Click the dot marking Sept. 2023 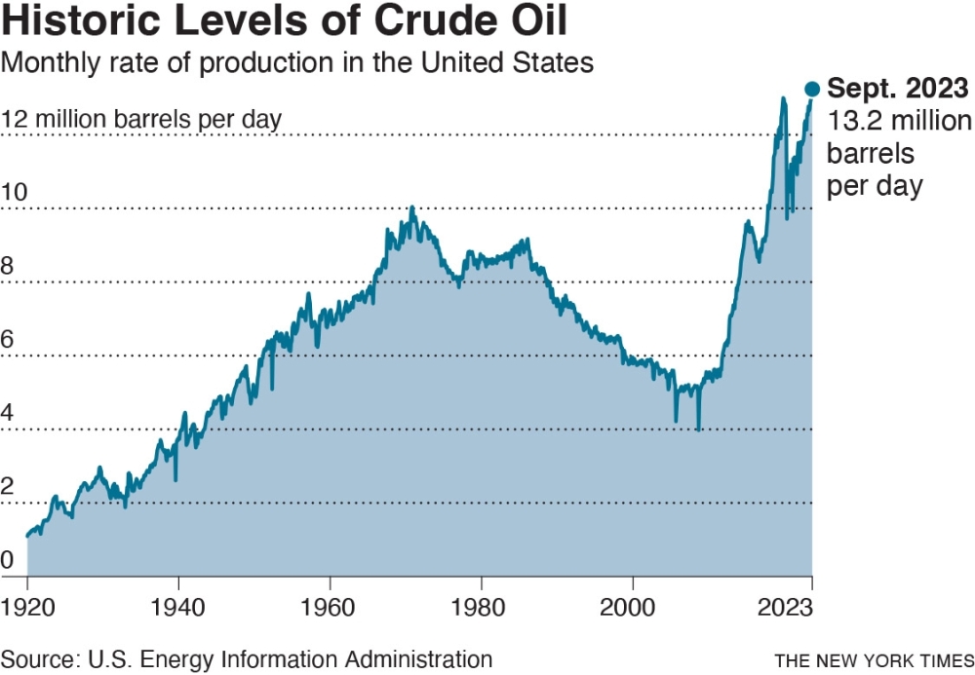point(812,89)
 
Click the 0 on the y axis point(8,560)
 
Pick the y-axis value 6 point(8,339)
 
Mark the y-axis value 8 point(8,265)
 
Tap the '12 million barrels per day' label point(141,119)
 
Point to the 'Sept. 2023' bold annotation point(897,90)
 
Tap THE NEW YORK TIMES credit point(874,660)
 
